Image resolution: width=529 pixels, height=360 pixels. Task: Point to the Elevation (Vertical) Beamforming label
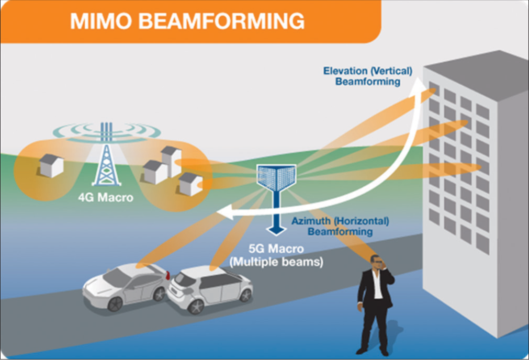(x=368, y=76)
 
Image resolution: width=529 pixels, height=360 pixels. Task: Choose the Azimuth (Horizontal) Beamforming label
(x=340, y=226)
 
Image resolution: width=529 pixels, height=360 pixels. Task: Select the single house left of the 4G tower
(x=51, y=165)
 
